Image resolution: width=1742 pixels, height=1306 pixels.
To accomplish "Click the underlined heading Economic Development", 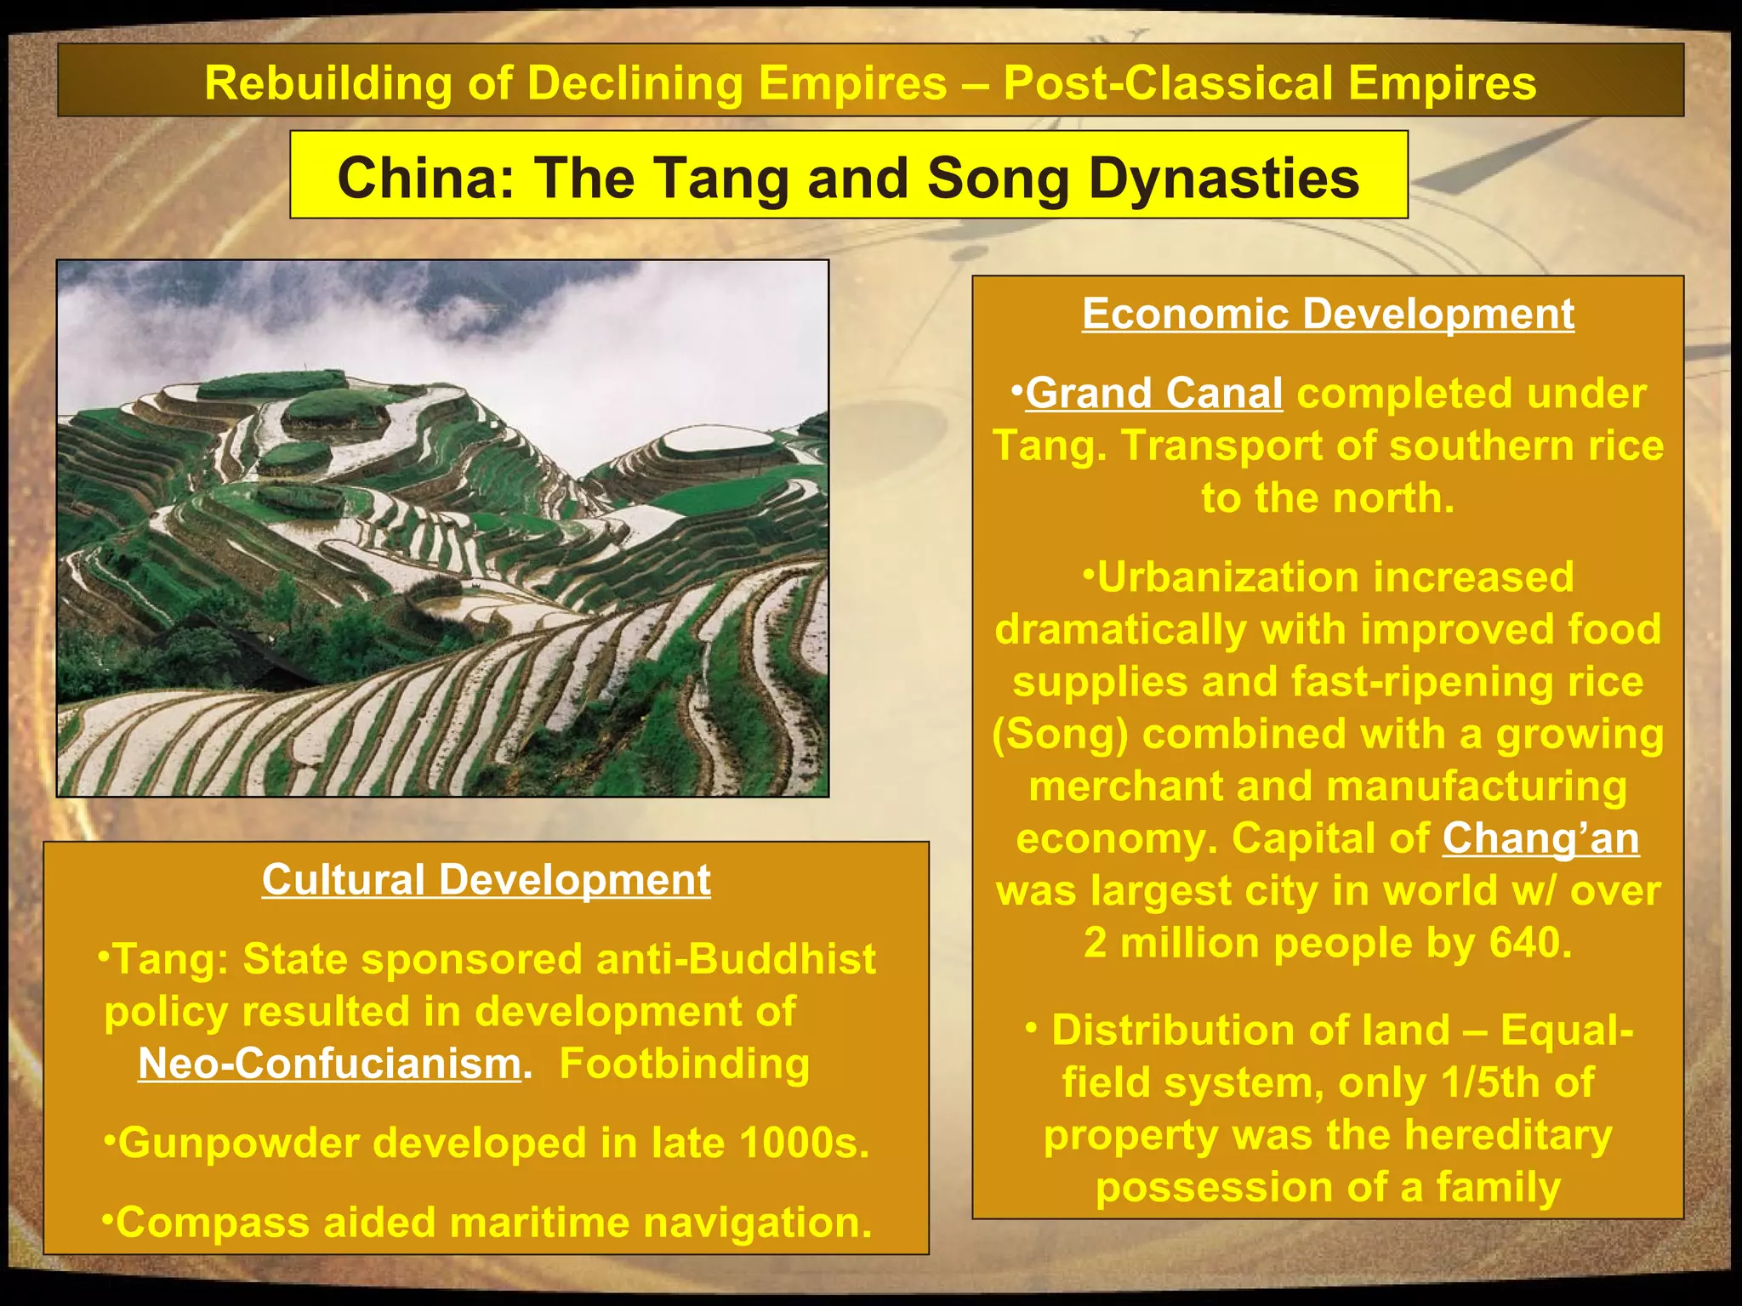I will click(x=1328, y=314).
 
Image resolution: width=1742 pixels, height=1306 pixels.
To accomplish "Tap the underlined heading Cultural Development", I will click(x=486, y=879).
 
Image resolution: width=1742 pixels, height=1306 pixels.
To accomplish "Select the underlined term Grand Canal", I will click(x=1154, y=394).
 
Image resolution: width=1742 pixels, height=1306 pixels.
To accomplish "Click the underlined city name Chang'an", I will click(x=1540, y=838).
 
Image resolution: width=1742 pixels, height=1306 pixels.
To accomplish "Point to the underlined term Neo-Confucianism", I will click(x=330, y=1064).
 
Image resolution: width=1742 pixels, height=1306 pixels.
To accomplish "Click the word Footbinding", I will click(x=684, y=1064).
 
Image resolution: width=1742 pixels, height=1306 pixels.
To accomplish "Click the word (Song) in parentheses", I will click(x=1060, y=735).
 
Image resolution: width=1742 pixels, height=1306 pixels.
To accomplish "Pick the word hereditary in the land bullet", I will click(x=1507, y=1135).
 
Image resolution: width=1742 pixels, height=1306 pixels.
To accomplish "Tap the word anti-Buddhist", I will click(x=735, y=959).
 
